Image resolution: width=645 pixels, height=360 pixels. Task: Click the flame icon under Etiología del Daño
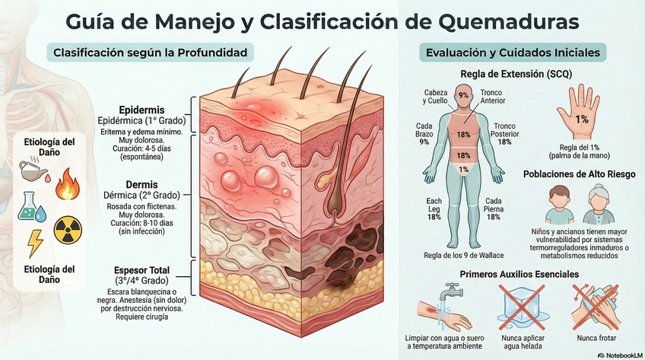(67, 185)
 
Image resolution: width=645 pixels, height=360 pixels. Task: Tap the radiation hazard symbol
(67, 228)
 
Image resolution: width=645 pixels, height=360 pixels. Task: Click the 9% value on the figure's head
(463, 96)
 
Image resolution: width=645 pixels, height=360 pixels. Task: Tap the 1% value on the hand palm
(582, 119)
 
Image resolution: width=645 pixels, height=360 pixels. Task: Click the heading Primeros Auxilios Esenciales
(519, 273)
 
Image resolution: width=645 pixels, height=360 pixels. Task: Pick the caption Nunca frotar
(596, 337)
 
